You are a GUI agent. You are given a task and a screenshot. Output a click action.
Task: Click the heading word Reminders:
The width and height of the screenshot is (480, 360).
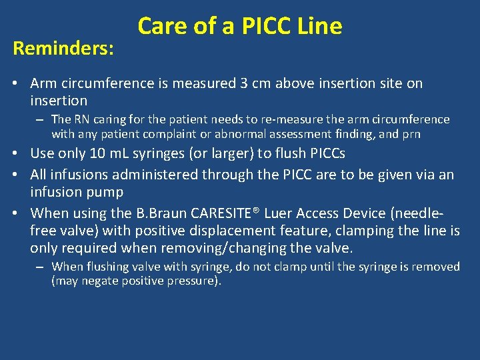63,49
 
